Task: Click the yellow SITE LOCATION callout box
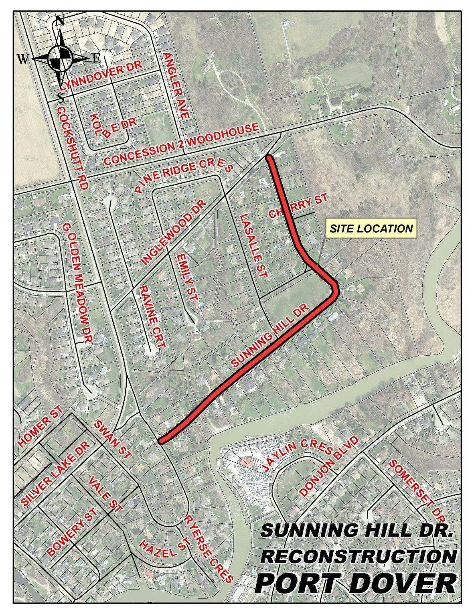[371, 228]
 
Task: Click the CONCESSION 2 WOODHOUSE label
[181, 145]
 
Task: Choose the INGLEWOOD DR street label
[174, 232]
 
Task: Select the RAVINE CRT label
[152, 316]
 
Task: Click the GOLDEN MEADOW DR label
[77, 282]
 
